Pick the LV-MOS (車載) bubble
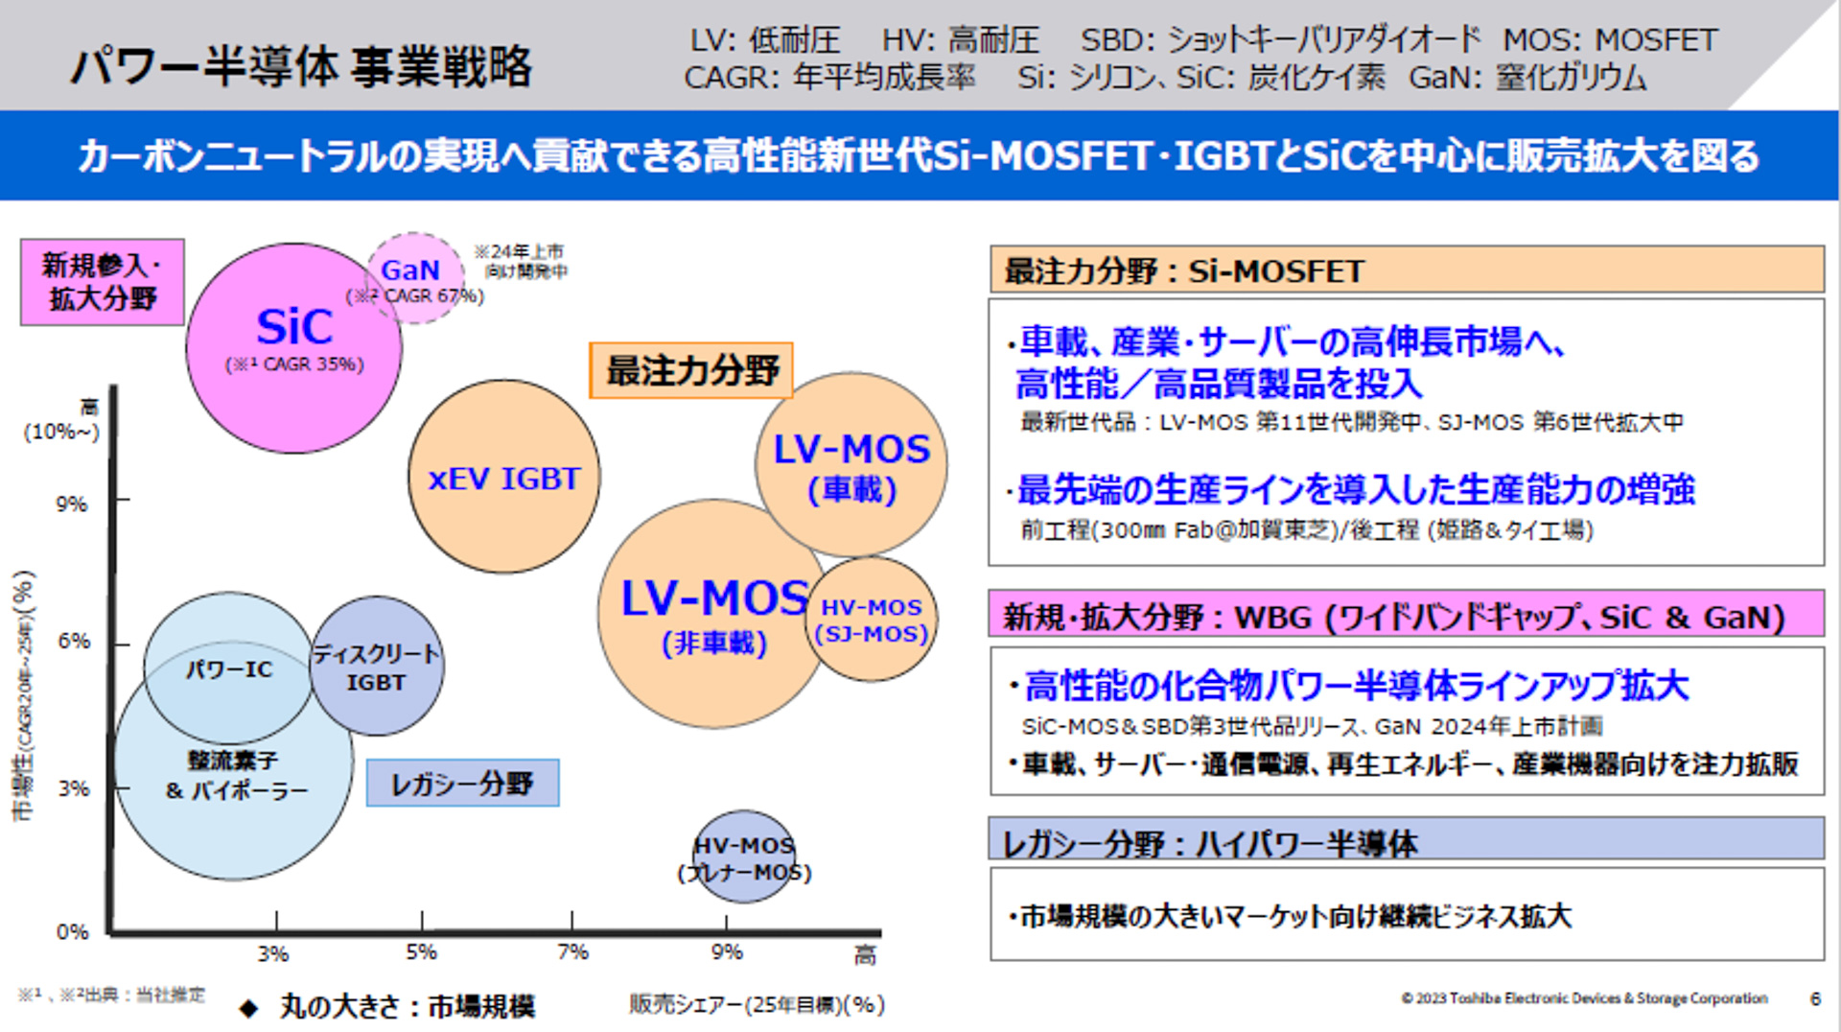(851, 465)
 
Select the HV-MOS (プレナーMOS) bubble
(744, 857)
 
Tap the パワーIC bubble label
(229, 668)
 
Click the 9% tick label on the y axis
(72, 504)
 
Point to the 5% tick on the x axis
(421, 951)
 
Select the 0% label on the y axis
(72, 931)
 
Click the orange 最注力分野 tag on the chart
(691, 370)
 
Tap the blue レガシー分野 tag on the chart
(462, 783)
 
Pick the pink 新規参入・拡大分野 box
(102, 282)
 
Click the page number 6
(1814, 998)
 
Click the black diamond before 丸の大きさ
(249, 1007)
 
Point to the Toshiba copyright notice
(1584, 998)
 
